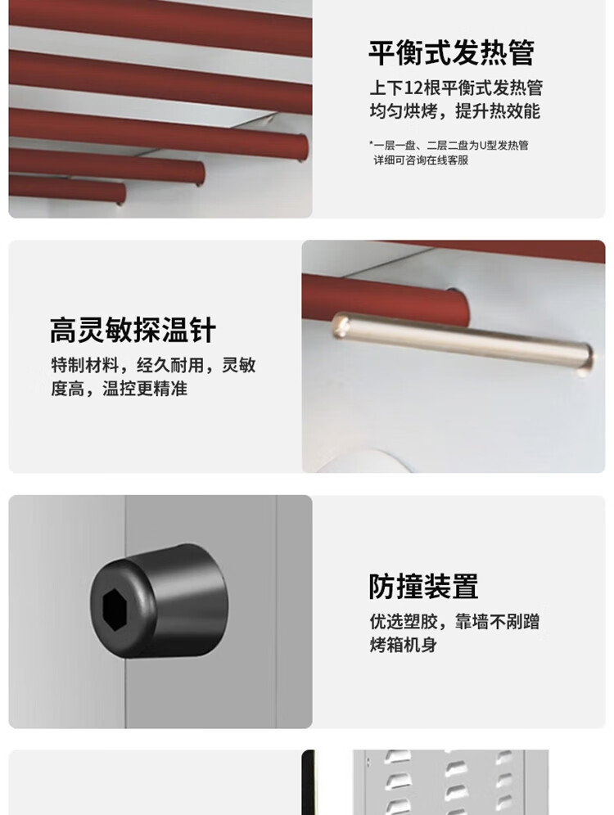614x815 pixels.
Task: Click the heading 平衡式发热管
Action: (451, 52)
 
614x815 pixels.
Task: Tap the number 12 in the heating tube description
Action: (413, 88)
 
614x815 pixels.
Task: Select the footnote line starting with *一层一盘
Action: (449, 145)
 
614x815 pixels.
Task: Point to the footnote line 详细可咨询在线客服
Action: (421, 160)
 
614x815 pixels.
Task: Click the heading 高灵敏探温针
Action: (133, 330)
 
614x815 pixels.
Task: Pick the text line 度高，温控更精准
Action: (119, 388)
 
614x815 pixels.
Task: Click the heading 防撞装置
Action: (423, 587)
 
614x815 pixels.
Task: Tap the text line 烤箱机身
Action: (403, 645)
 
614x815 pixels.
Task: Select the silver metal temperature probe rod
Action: (463, 342)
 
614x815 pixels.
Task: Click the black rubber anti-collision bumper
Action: (159, 601)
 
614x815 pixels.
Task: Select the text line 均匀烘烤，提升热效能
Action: (455, 111)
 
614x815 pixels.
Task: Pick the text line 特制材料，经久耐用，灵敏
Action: (153, 365)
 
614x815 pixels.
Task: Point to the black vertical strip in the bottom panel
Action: (309, 782)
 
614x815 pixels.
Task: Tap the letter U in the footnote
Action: (482, 145)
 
